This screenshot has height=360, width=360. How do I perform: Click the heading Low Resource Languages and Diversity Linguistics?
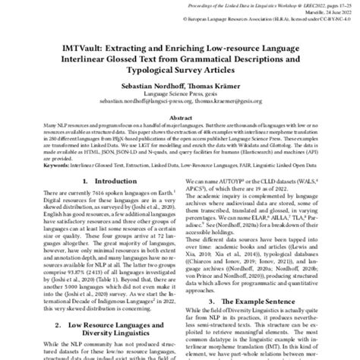[96, 329]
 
